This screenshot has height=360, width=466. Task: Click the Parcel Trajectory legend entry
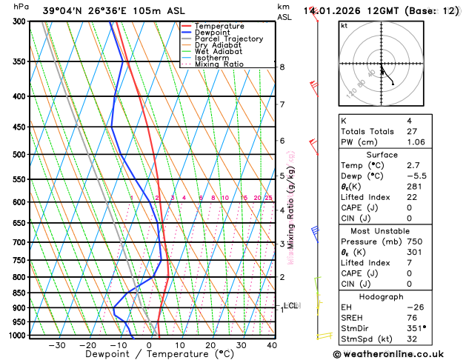click(228, 39)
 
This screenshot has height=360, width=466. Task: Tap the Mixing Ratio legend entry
click(219, 64)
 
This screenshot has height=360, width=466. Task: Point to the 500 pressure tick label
click(19, 155)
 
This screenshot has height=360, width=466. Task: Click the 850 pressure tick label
click(19, 293)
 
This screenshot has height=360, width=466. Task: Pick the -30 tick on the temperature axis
click(56, 345)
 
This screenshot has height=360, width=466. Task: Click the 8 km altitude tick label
click(282, 67)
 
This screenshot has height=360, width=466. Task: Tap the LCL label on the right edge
click(290, 305)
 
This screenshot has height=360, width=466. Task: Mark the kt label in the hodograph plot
click(344, 25)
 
